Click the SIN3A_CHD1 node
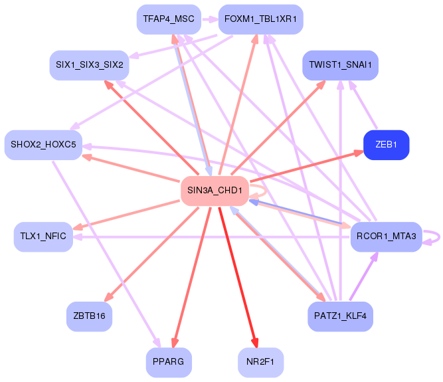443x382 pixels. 215,191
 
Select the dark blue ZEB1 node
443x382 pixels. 386,145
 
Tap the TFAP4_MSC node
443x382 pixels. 169,19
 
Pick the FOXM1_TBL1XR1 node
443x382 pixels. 261,19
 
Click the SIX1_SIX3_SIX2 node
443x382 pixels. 89,65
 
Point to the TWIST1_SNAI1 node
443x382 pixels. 341,65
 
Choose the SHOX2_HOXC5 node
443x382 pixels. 44,145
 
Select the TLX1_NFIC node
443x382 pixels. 44,237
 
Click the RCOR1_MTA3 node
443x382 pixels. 386,237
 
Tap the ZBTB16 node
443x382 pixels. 89,316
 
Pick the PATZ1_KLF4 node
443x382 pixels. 341,316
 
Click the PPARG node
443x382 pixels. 169,362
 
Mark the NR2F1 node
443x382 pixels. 261,362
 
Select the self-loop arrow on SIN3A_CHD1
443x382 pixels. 266,191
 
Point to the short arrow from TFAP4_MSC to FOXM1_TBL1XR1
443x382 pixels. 210,20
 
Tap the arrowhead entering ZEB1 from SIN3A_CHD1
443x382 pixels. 359,153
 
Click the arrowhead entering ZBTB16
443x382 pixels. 109,297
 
